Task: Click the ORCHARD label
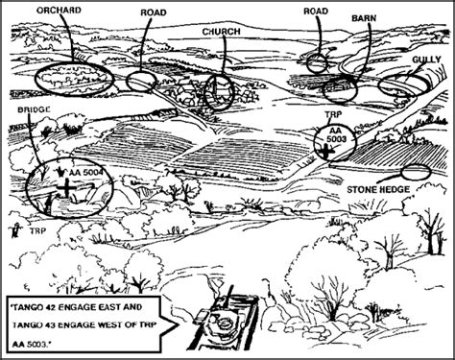(x=59, y=11)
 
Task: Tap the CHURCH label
(x=221, y=32)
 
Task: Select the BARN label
(x=364, y=18)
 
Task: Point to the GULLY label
(x=426, y=60)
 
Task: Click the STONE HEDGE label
(x=378, y=190)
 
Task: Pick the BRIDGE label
(x=34, y=109)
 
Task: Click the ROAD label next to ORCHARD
(x=154, y=12)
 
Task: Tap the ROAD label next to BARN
(x=316, y=12)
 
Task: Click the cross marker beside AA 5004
(x=66, y=187)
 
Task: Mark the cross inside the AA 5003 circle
(x=326, y=152)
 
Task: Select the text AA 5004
(x=86, y=173)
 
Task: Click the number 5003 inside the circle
(x=336, y=139)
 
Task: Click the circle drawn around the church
(x=205, y=93)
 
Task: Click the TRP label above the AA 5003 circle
(x=334, y=114)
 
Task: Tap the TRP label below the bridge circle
(x=38, y=231)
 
